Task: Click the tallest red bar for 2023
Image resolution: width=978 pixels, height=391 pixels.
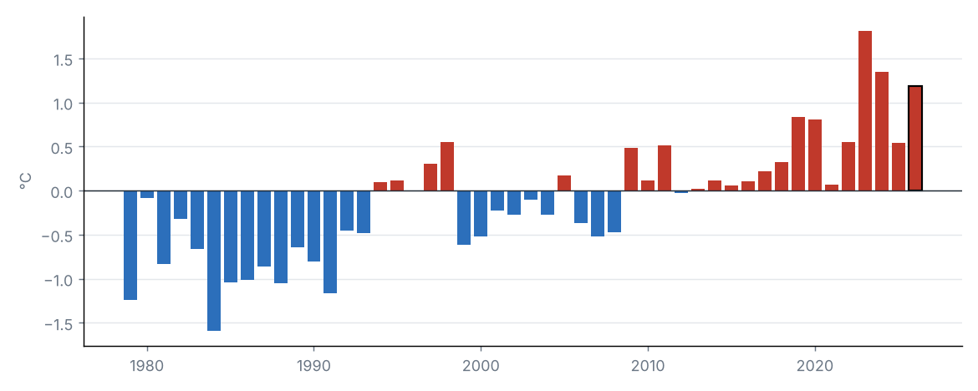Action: click(x=864, y=111)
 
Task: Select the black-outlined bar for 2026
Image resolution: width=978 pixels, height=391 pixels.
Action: click(x=915, y=139)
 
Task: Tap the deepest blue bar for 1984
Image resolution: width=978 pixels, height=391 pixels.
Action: click(x=214, y=261)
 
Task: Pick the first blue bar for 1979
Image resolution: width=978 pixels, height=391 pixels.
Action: click(x=130, y=245)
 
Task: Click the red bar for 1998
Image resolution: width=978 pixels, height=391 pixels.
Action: click(x=447, y=166)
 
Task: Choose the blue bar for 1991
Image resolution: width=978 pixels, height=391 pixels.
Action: click(x=330, y=242)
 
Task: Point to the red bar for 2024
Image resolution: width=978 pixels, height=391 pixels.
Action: click(x=881, y=131)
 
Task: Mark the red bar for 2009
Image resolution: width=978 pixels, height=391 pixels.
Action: click(x=631, y=170)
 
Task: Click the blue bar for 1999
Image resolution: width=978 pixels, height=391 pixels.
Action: click(x=464, y=217)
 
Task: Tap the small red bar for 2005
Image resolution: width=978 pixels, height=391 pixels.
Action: click(x=564, y=183)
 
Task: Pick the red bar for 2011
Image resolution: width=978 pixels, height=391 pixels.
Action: click(x=665, y=169)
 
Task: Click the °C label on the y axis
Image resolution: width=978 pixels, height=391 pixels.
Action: click(x=25, y=181)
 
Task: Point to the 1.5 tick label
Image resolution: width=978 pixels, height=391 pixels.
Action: click(x=63, y=59)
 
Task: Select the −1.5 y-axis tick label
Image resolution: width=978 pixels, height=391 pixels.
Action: click(x=58, y=323)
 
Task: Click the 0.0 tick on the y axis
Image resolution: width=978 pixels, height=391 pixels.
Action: click(x=63, y=191)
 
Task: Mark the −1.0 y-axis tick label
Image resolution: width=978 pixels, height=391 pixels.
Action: click(x=58, y=279)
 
